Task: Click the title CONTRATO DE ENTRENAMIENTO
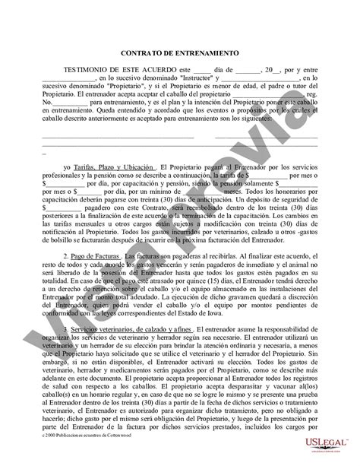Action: [180, 54]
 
